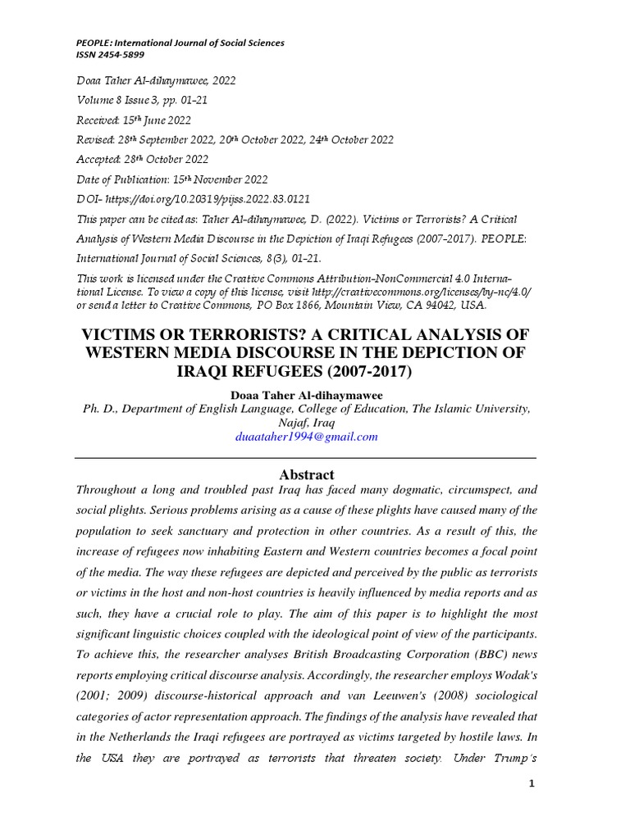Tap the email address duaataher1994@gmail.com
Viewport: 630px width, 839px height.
point(306,437)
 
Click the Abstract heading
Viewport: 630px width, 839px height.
point(306,474)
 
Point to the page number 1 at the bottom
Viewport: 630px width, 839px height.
point(532,784)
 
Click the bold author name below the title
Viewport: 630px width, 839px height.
point(306,395)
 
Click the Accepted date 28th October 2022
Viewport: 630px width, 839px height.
point(168,160)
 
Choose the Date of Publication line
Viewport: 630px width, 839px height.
point(171,179)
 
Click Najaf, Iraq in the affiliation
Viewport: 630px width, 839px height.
point(306,423)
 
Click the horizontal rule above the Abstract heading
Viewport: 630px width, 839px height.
point(306,458)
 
